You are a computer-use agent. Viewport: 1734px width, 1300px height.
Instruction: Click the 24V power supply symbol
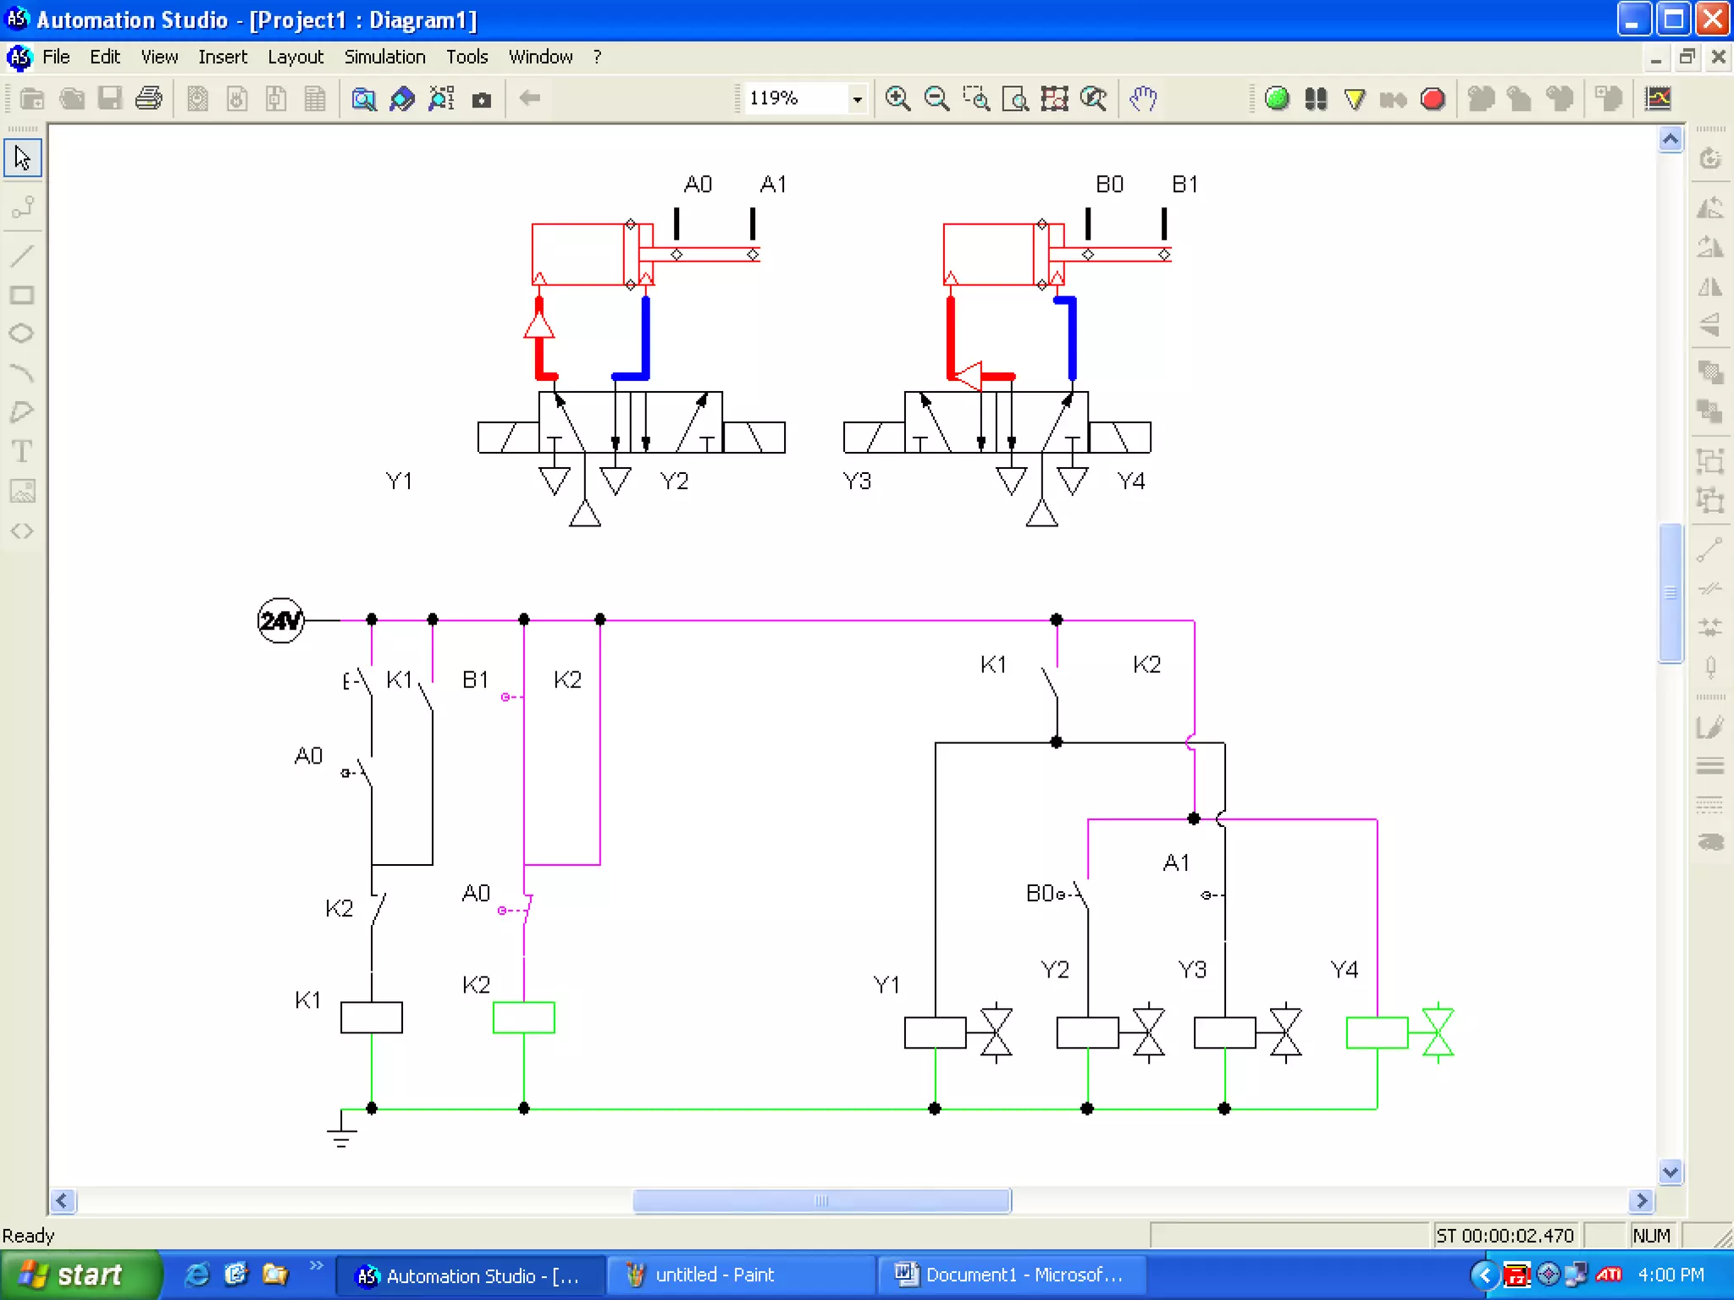pos(280,620)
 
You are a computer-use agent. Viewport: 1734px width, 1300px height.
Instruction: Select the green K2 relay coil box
pos(523,1017)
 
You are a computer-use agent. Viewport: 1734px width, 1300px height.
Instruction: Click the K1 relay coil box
pos(371,1017)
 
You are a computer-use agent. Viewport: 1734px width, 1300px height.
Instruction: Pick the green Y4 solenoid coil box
pos(1377,1033)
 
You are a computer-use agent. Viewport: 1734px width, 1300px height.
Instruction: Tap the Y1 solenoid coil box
pos(935,1033)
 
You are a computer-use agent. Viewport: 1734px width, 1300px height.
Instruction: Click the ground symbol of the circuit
pos(341,1130)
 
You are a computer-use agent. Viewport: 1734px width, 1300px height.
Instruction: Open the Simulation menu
pos(384,57)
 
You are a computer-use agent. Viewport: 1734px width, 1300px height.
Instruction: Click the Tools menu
pos(467,57)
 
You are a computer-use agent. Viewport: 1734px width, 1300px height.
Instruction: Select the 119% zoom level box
pos(796,98)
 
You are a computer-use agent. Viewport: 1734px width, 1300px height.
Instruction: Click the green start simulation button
pos(1276,98)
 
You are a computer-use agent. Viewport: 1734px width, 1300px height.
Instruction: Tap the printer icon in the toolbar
pos(148,98)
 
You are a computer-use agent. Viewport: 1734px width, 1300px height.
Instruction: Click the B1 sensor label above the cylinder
pos(1185,185)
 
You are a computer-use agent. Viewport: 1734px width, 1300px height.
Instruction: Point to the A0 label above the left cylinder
pos(698,185)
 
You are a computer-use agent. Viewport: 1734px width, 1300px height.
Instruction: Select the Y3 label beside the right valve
pos(857,482)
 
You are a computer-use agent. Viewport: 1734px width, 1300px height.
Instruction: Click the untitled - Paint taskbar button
pos(714,1275)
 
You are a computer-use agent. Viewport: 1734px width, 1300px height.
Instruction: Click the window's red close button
pos(1712,19)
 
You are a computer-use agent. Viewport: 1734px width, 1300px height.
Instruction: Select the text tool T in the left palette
pos(22,451)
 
